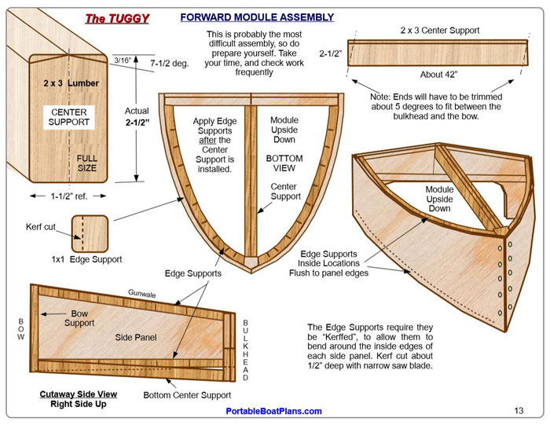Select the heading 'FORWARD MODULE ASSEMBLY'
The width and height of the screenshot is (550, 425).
pyautogui.click(x=257, y=16)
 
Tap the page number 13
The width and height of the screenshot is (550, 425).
pyautogui.click(x=519, y=410)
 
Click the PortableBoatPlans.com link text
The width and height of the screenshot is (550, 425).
pyautogui.click(x=273, y=411)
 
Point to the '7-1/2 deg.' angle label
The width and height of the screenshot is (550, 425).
pyautogui.click(x=169, y=62)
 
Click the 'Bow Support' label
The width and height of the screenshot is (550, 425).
pyautogui.click(x=79, y=318)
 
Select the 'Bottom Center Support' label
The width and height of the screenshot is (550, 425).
pyautogui.click(x=187, y=395)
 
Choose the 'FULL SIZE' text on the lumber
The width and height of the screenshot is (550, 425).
pyautogui.click(x=86, y=163)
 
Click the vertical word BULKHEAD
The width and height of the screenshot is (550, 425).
pyautogui.click(x=245, y=350)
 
